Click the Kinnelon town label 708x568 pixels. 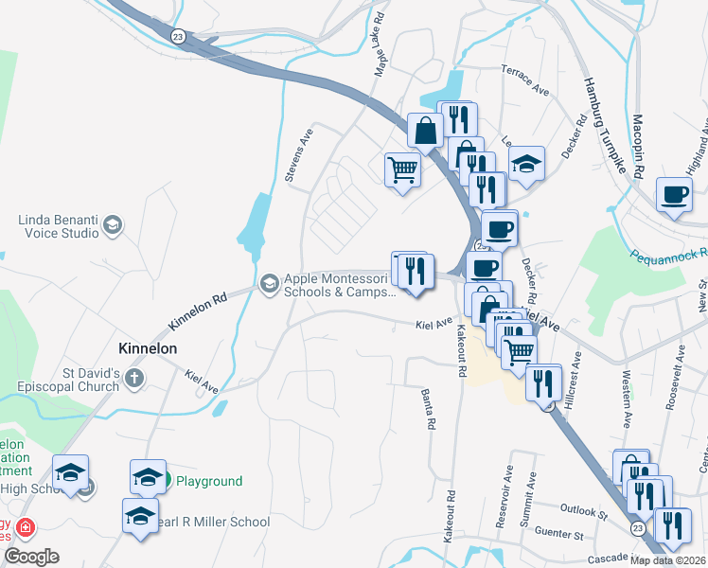147,348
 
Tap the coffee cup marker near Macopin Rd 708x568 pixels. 674,196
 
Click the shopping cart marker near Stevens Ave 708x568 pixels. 402,170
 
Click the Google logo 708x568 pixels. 31,557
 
